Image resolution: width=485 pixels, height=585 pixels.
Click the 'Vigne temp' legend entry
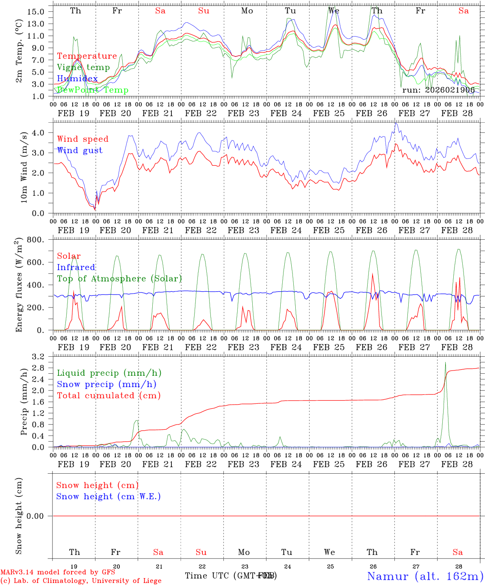click(x=83, y=67)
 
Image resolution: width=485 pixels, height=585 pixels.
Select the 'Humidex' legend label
click(x=77, y=79)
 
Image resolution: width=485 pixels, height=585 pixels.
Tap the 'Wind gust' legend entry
click(x=80, y=150)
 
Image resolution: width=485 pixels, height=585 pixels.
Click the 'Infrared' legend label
click(x=76, y=267)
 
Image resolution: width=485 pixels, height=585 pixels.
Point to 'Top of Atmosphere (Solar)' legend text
click(x=119, y=279)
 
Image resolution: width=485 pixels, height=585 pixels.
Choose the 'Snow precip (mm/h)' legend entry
click(x=106, y=384)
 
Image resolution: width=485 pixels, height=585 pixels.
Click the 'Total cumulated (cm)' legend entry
click(x=108, y=396)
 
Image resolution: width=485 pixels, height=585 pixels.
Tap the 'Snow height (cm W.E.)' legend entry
click(x=108, y=496)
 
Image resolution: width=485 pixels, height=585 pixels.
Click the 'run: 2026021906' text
click(x=438, y=90)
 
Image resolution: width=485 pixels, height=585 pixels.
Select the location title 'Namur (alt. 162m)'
click(x=425, y=576)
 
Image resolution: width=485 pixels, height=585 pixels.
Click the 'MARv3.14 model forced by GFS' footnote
click(x=58, y=572)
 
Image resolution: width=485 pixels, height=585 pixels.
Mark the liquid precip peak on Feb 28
click(x=445, y=362)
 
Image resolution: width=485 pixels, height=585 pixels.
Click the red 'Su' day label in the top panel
click(x=204, y=11)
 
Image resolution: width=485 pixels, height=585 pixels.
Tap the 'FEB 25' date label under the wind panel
click(x=329, y=230)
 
